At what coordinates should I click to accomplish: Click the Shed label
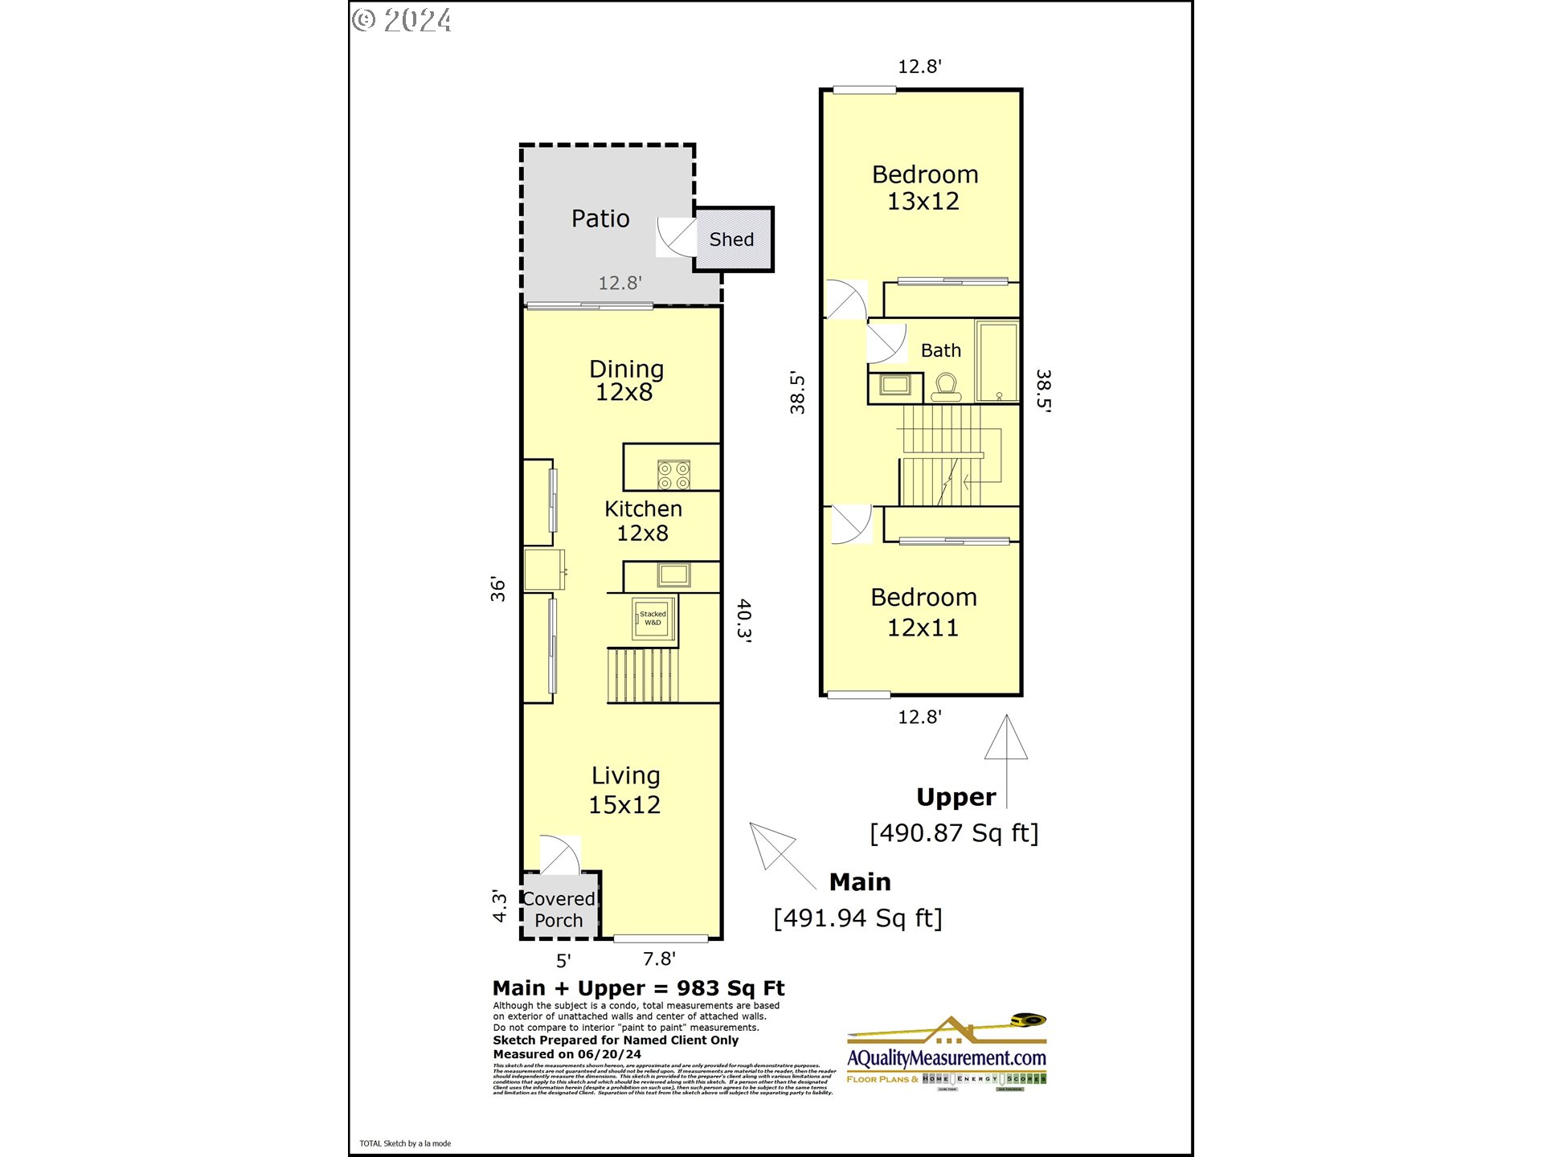[731, 239]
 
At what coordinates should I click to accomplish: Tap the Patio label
[600, 219]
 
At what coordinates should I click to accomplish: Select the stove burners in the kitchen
[673, 474]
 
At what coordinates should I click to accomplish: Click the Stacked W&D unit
[653, 619]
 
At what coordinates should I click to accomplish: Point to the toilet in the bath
[946, 387]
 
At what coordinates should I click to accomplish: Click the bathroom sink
[894, 385]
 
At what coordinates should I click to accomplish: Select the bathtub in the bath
[998, 361]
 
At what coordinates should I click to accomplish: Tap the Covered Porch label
[559, 910]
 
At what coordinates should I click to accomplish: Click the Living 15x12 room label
[625, 790]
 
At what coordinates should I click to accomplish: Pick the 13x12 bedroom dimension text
[923, 202]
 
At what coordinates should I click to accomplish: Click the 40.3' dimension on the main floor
[744, 619]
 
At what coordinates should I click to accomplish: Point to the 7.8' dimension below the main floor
[659, 959]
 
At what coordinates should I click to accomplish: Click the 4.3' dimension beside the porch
[500, 906]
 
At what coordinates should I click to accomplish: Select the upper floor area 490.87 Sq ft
[954, 833]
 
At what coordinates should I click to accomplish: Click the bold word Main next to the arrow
[860, 882]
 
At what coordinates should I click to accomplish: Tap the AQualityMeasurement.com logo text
[947, 1058]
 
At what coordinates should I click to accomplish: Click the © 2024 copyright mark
[402, 20]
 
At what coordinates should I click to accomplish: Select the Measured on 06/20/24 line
[567, 1054]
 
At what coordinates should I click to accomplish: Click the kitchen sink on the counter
[673, 574]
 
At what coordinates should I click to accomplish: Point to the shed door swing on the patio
[676, 237]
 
